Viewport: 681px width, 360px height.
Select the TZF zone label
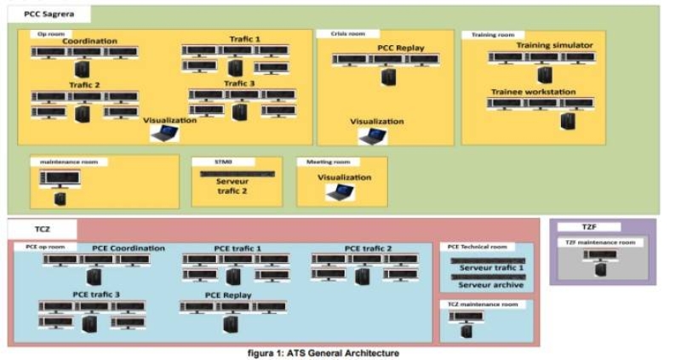(x=589, y=227)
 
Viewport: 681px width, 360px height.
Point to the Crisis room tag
(x=348, y=34)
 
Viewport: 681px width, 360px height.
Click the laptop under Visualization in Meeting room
(x=340, y=191)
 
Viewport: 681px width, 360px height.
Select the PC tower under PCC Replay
(x=387, y=77)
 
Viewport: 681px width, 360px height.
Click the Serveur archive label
(x=491, y=284)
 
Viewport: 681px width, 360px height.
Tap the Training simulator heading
(x=554, y=45)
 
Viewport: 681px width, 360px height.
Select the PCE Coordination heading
(x=128, y=249)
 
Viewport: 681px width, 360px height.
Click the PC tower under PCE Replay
(x=229, y=323)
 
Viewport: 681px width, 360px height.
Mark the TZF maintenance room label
(x=601, y=243)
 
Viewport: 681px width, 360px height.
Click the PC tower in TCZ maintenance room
(x=466, y=330)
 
